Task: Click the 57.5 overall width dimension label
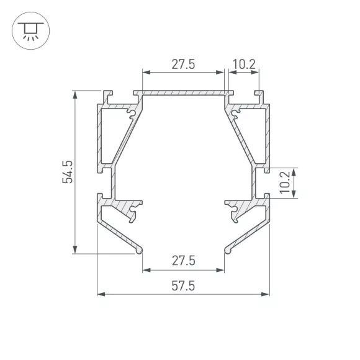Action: pyautogui.click(x=183, y=286)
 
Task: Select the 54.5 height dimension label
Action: pyautogui.click(x=68, y=172)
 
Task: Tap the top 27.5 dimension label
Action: pyautogui.click(x=183, y=65)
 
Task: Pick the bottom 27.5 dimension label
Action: pyautogui.click(x=184, y=261)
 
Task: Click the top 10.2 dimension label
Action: pyautogui.click(x=244, y=65)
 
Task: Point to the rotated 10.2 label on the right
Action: pyautogui.click(x=285, y=182)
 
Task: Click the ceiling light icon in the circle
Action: pyautogui.click(x=30, y=31)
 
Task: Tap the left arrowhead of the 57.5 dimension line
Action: pyautogui.click(x=101, y=294)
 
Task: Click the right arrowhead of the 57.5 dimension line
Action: pyautogui.click(x=266, y=294)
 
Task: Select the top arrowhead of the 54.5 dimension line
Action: pyautogui.click(x=75, y=94)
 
